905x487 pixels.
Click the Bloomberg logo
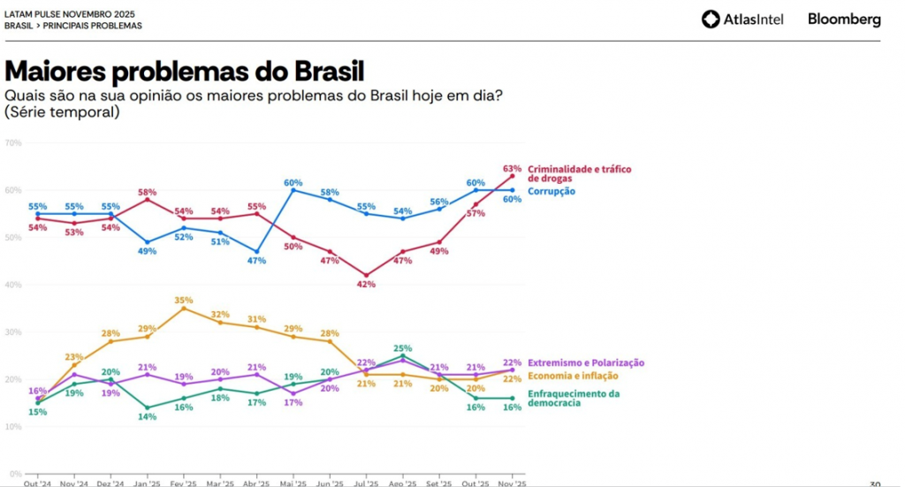[843, 19]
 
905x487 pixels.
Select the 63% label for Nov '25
[512, 168]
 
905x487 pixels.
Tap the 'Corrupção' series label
[551, 191]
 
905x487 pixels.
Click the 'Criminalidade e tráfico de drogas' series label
[579, 173]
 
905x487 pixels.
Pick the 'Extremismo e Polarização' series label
[585, 362]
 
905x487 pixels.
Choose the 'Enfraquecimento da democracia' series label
[573, 398]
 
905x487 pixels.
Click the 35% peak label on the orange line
[183, 301]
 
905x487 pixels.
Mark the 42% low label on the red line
[366, 285]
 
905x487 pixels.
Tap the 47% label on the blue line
[256, 261]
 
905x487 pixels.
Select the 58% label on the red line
[147, 192]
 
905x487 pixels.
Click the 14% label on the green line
[147, 416]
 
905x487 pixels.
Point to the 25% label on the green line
[403, 348]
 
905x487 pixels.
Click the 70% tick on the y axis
[12, 142]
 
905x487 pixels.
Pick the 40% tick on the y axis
[12, 285]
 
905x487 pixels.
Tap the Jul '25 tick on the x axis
[366, 483]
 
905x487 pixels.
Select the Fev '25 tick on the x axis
[183, 483]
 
